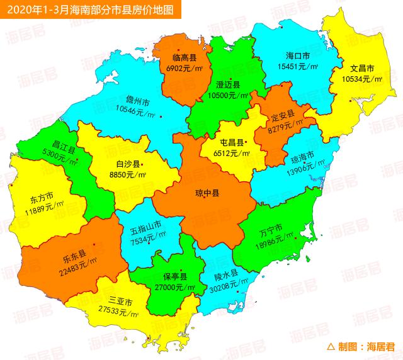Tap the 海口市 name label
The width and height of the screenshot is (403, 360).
[293, 55]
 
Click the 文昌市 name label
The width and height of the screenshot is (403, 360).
[362, 69]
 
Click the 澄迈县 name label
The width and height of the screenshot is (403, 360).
[227, 85]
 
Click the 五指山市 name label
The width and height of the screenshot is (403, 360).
[145, 225]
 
